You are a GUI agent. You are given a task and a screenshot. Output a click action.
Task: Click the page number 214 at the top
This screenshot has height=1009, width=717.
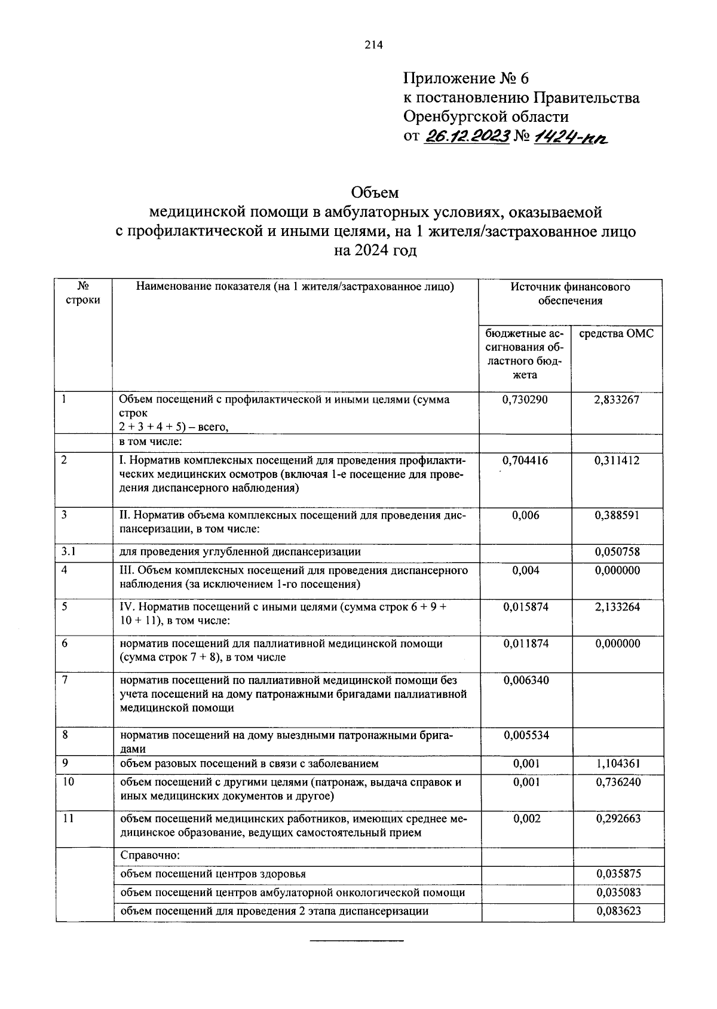point(373,45)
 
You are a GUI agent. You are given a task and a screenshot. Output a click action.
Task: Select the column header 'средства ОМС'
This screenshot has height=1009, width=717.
point(617,334)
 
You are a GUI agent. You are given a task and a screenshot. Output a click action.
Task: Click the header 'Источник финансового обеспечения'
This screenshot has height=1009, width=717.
point(570,293)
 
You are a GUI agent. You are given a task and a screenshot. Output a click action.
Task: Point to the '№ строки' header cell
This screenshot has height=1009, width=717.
point(84,293)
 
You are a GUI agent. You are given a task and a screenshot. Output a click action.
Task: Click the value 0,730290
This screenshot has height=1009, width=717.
point(525,400)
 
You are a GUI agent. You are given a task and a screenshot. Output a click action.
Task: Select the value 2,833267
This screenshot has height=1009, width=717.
point(617,400)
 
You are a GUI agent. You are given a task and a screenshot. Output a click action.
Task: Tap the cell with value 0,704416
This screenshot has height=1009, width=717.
point(525,460)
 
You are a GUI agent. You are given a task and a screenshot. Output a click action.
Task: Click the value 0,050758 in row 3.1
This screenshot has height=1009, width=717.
point(617,552)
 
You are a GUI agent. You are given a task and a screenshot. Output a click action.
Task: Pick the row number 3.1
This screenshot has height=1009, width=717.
point(68,552)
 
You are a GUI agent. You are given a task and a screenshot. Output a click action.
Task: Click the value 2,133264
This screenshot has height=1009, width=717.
point(617,607)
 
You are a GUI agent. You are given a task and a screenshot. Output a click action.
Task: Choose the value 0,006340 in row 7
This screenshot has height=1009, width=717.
point(526,680)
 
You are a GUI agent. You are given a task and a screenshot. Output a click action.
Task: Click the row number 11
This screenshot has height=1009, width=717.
point(68,818)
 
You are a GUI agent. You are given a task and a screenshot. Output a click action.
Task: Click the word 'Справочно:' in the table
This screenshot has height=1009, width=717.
point(146,855)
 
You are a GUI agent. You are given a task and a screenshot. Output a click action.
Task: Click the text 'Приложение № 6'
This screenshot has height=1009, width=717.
point(466,78)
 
